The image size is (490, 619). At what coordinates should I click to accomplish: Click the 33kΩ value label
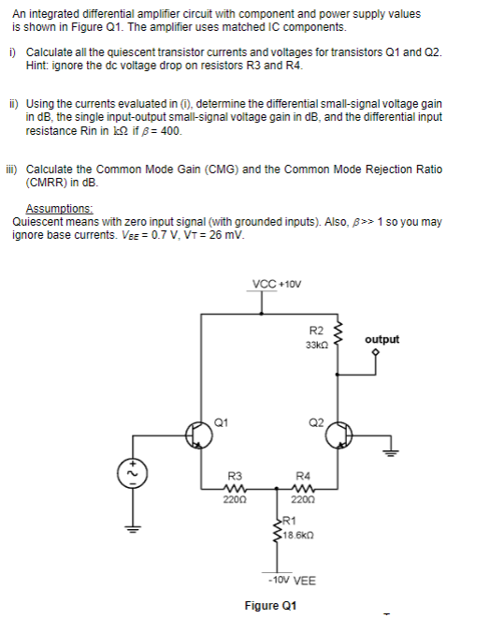point(314,346)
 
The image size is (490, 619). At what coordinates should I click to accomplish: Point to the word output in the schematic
point(382,339)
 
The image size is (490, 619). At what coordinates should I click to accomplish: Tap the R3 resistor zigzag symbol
point(235,487)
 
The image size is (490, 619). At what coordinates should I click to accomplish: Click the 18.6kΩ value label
point(303,533)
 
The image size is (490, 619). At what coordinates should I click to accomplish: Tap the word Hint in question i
point(38,66)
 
